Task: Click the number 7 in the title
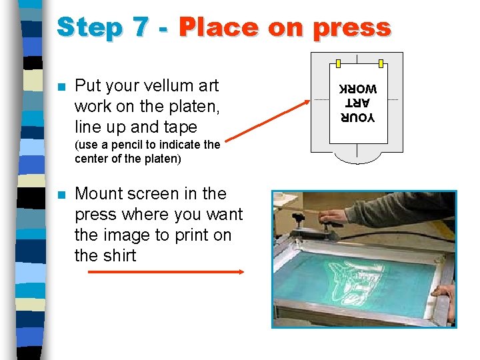[141, 27]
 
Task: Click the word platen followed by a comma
[194, 107]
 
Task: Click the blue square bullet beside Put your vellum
[62, 87]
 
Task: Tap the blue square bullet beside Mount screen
[62, 195]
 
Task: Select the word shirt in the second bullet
[120, 255]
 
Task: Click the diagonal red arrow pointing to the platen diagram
[267, 121]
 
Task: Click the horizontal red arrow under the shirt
[166, 271]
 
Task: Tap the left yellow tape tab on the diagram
[338, 64]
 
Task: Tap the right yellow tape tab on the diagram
[381, 64]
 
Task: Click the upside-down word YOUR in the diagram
[357, 117]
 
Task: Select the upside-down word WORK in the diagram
[358, 89]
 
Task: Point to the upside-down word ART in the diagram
[357, 103]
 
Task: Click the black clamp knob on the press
[298, 217]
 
